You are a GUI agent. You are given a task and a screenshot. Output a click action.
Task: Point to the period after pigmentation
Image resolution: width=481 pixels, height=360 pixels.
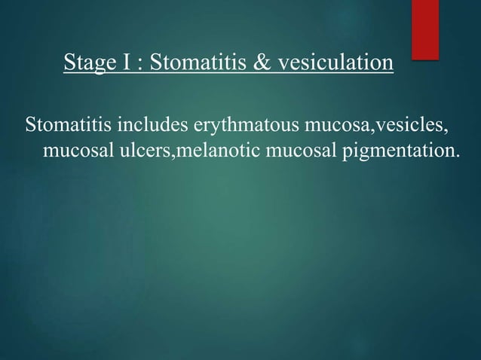455,157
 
